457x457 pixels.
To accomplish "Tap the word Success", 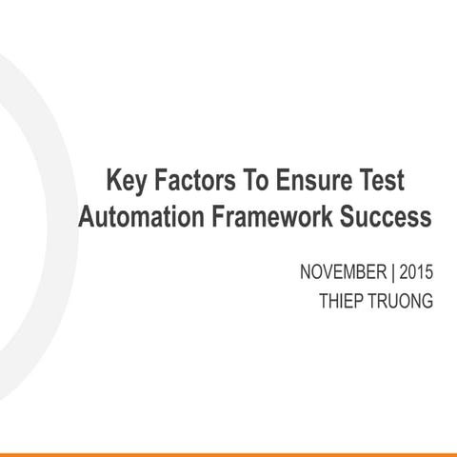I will [386, 217].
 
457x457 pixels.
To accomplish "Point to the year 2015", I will [415, 272].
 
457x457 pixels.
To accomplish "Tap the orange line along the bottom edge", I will [228, 454].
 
